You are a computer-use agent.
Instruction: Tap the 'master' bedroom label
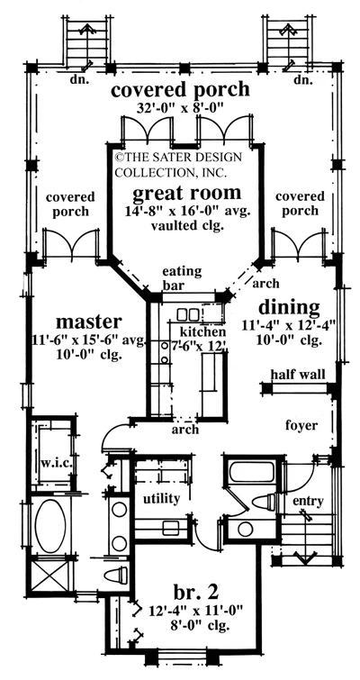[89, 322]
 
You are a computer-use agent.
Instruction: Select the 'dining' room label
[289, 308]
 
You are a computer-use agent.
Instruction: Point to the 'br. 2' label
[196, 591]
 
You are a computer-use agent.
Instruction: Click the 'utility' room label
[162, 499]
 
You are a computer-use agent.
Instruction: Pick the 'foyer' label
[301, 425]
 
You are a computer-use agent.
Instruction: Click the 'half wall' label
[298, 374]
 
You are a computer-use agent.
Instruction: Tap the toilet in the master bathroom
[116, 576]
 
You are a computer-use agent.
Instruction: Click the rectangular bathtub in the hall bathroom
[251, 472]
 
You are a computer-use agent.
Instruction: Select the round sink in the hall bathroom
[245, 529]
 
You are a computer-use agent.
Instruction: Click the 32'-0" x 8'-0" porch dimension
[180, 108]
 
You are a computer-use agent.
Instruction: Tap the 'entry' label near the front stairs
[308, 502]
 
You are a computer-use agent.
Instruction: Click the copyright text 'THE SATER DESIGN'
[178, 157]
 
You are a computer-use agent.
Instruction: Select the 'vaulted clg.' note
[186, 225]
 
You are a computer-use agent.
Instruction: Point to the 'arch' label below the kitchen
[185, 430]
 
